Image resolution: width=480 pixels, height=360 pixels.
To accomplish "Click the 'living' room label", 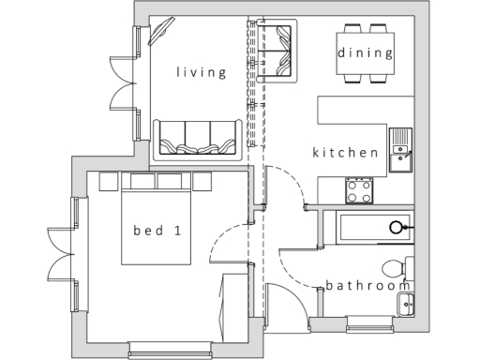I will (202, 72).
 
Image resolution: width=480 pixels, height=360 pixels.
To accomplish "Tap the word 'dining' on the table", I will (366, 52).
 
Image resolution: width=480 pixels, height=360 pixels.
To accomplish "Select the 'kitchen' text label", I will (346, 152).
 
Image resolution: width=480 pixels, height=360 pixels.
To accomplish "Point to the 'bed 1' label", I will (157, 230).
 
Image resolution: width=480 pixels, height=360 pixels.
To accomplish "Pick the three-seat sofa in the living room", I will (196, 137).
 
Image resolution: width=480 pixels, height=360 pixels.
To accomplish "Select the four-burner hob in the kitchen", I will (360, 191).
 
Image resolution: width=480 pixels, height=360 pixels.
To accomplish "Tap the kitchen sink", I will (400, 152).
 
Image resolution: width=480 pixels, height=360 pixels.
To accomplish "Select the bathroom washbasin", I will (406, 303).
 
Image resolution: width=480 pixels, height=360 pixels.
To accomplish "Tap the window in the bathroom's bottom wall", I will (368, 324).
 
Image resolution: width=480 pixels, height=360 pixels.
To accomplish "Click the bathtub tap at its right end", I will (398, 226).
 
